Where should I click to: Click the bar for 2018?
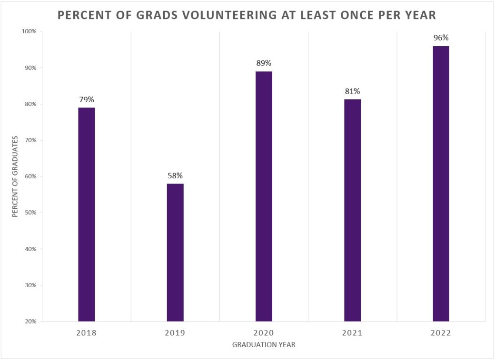pos(87,214)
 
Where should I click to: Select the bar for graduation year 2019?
pos(175,252)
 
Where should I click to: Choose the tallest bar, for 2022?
pos(441,184)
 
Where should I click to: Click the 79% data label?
pos(87,100)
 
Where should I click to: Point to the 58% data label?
pos(175,176)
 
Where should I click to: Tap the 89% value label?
pos(264,63)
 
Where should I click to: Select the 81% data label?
pos(352,91)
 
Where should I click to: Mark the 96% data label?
pos(441,38)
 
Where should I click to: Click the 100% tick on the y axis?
pos(29,31)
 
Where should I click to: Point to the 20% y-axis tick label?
pos(30,321)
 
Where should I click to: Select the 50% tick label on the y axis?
pos(30,213)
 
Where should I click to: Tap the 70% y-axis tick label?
pos(30,140)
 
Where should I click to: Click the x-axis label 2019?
pos(175,333)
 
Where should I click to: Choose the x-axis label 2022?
pos(441,333)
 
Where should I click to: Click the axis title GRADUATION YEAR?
pos(264,345)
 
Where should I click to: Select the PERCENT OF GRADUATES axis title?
pos(15,176)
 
